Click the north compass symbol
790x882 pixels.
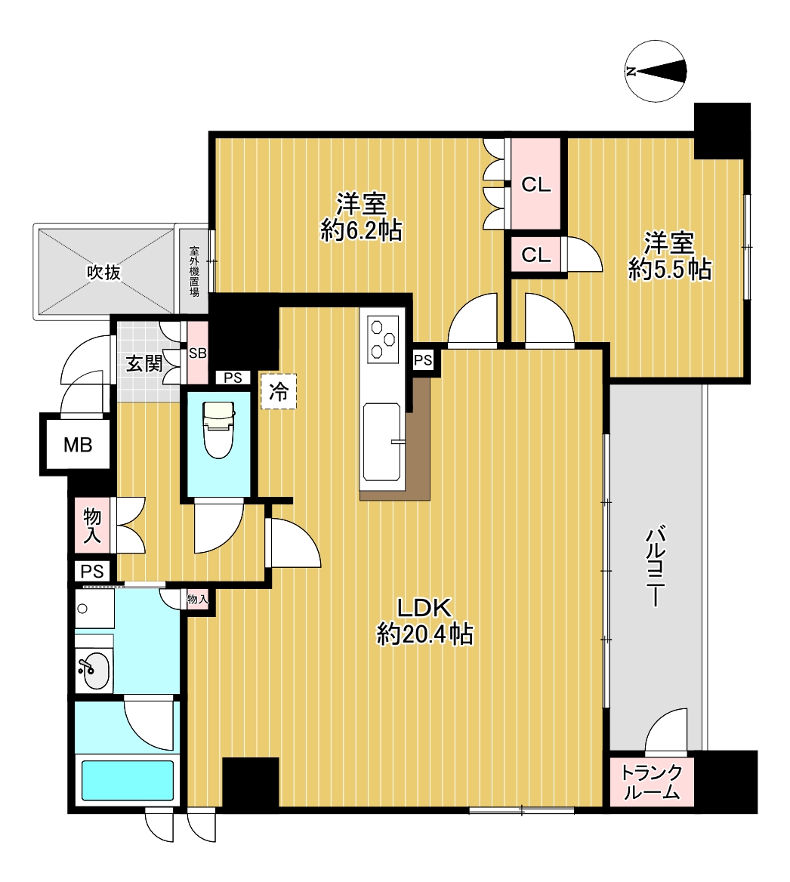[656, 71]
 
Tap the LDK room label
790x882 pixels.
[424, 608]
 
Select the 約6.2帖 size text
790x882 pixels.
[361, 230]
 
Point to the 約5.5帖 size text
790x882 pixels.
[670, 270]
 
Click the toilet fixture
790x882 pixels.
[218, 429]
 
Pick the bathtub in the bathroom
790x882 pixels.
[128, 780]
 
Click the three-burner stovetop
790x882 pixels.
[383, 338]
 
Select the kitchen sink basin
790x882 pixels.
[382, 442]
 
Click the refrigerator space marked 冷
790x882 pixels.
[279, 391]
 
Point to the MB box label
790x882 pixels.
[78, 445]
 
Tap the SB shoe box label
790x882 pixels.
[198, 353]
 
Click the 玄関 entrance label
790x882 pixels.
[144, 363]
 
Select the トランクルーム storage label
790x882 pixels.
[651, 782]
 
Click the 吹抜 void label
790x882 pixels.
[104, 273]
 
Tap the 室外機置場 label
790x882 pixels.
[194, 271]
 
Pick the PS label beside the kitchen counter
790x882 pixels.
[423, 360]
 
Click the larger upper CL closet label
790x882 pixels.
[535, 184]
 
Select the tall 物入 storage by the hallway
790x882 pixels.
[92, 526]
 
